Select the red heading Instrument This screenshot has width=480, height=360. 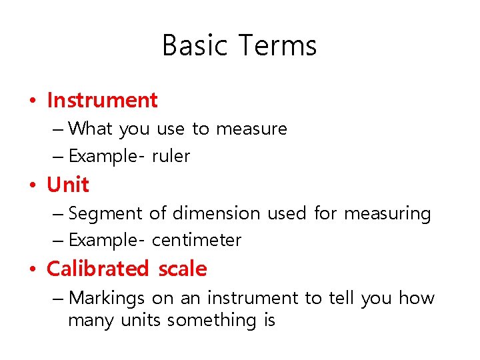[x=102, y=100]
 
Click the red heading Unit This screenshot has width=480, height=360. [x=67, y=185]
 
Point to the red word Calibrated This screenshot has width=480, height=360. [x=97, y=269]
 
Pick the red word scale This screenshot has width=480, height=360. [x=183, y=269]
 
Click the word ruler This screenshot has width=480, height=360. [x=171, y=156]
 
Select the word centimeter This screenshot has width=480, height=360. [x=197, y=240]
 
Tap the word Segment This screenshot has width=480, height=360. [x=105, y=213]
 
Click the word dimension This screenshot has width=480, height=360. [x=216, y=213]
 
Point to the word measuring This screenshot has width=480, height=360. [x=387, y=213]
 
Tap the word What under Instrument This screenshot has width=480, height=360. [x=91, y=128]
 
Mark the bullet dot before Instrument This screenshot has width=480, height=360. [x=32, y=101]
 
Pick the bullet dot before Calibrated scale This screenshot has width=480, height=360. [x=32, y=270]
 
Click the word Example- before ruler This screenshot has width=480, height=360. [x=106, y=156]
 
